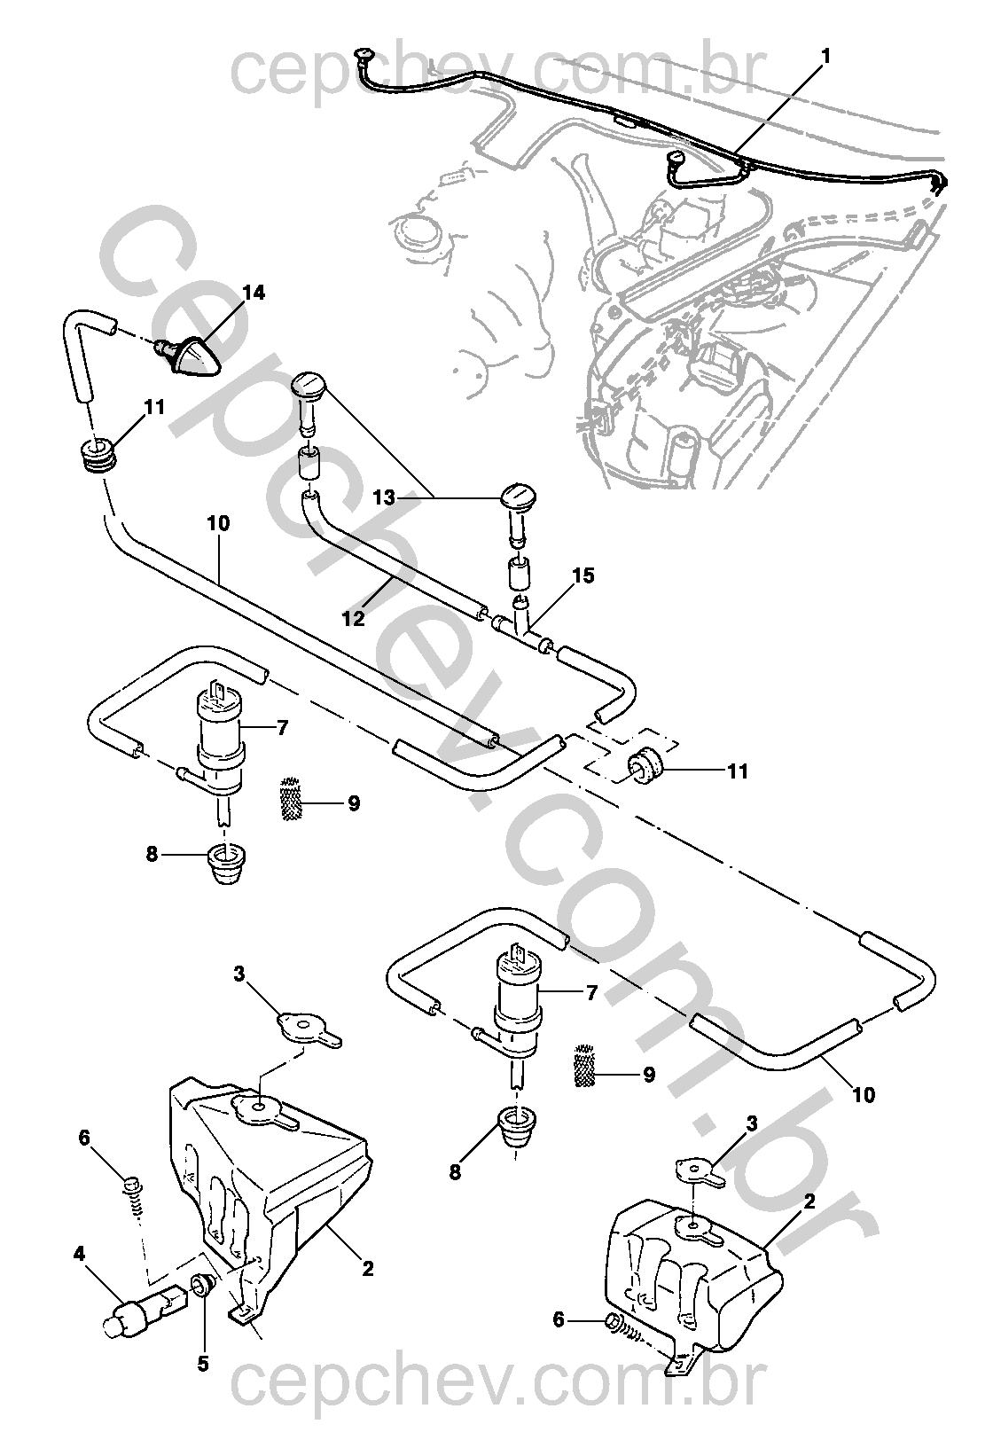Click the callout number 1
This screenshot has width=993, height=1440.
[x=825, y=56]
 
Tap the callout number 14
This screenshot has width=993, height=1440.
[x=254, y=293]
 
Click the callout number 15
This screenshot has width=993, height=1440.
[x=583, y=576]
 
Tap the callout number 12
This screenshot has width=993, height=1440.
[x=353, y=618]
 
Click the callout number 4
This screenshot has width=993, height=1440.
[x=80, y=1254]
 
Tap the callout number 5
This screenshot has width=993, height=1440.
[x=203, y=1364]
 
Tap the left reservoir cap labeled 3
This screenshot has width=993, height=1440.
[x=306, y=1027]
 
